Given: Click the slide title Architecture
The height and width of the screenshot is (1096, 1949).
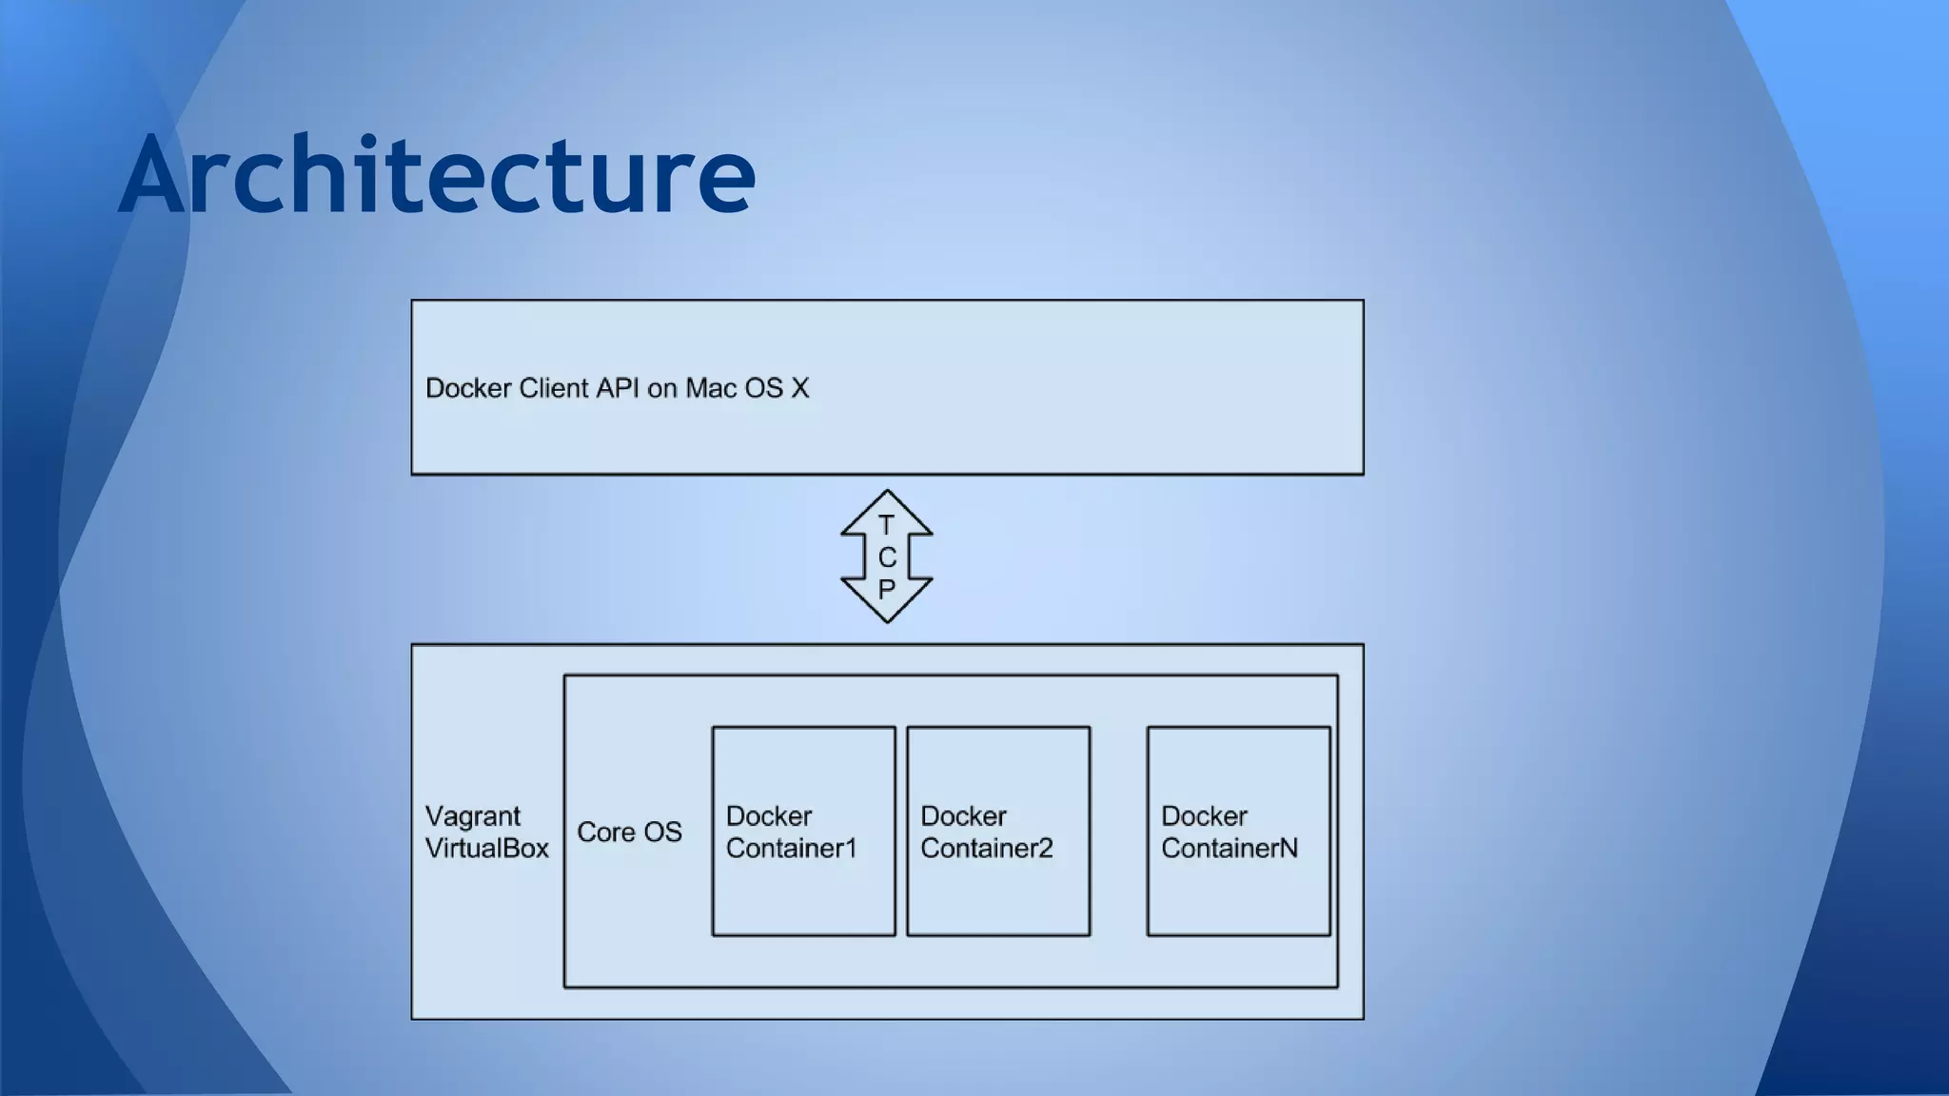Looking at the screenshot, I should (x=437, y=175).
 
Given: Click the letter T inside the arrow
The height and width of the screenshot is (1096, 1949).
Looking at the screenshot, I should (x=886, y=525).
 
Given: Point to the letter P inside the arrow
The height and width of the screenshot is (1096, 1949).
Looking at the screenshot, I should (x=886, y=589).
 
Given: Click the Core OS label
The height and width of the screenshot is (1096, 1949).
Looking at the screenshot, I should (x=629, y=832).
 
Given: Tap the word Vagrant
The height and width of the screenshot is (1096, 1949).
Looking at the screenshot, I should (x=472, y=816).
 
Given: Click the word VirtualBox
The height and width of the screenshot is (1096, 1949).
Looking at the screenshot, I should (x=486, y=849).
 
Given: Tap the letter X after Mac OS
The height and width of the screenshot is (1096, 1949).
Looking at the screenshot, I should (x=799, y=388).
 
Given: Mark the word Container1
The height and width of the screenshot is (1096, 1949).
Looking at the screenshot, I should (x=791, y=849).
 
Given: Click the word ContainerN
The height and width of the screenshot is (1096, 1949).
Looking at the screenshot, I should (x=1229, y=849).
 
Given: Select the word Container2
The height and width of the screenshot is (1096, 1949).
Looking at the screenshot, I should (x=986, y=849).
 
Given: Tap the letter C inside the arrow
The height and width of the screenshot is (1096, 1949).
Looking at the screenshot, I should (x=887, y=558).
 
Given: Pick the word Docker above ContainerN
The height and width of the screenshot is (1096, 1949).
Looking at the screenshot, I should (x=1203, y=816).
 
